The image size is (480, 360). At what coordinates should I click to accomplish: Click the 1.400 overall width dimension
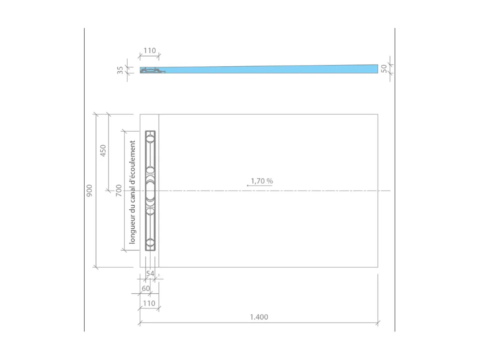click(259, 317)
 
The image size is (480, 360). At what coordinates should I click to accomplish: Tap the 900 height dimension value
click(90, 191)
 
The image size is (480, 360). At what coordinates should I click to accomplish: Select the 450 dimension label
click(103, 150)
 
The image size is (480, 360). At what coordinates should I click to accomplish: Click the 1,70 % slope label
click(262, 181)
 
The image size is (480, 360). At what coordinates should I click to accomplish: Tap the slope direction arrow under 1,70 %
click(259, 186)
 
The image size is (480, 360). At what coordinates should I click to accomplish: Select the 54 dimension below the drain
click(150, 274)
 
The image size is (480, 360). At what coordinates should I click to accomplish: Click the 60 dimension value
click(146, 289)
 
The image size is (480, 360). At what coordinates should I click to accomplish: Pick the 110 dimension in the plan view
click(149, 303)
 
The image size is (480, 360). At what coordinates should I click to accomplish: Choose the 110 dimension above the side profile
click(149, 51)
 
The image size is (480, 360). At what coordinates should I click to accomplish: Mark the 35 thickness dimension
click(120, 70)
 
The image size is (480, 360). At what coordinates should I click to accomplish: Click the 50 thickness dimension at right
click(384, 69)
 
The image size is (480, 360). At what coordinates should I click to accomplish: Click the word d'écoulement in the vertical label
click(133, 160)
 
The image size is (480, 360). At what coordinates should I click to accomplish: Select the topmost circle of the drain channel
click(150, 138)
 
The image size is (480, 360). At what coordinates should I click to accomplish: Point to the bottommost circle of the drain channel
click(150, 243)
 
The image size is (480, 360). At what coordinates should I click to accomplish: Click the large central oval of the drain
click(150, 191)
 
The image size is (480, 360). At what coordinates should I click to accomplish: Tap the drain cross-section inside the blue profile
click(152, 71)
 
